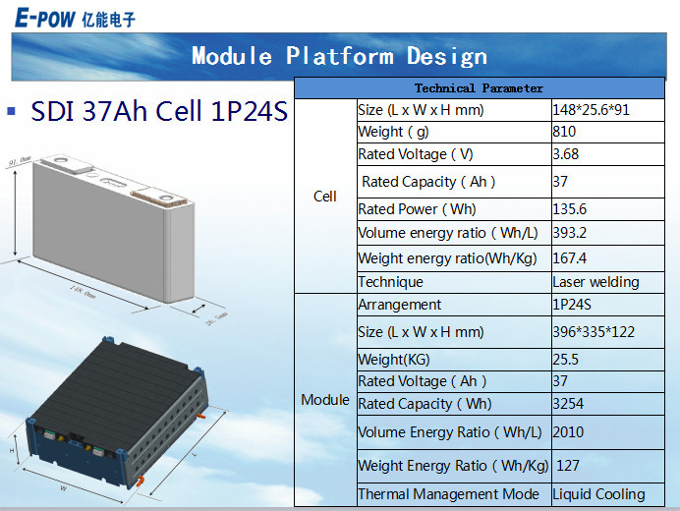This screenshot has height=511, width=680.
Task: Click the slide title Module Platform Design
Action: (339, 56)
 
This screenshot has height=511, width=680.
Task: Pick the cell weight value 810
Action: (564, 132)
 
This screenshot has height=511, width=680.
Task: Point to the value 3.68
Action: (567, 154)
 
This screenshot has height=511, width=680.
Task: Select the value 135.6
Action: (570, 209)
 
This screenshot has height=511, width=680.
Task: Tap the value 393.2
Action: (570, 234)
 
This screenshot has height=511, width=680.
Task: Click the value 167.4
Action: (570, 258)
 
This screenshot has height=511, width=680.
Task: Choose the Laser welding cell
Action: (595, 282)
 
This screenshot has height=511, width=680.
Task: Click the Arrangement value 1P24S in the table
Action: (574, 305)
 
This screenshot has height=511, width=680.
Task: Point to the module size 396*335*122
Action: (594, 332)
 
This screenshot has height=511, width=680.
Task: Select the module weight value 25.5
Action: (566, 360)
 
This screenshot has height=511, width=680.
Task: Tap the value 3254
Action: (568, 404)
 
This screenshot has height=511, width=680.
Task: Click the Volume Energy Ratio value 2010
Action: (568, 431)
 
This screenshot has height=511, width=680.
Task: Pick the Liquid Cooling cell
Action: (598, 494)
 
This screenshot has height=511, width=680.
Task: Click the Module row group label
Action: (325, 400)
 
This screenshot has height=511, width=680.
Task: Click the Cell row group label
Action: (325, 197)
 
